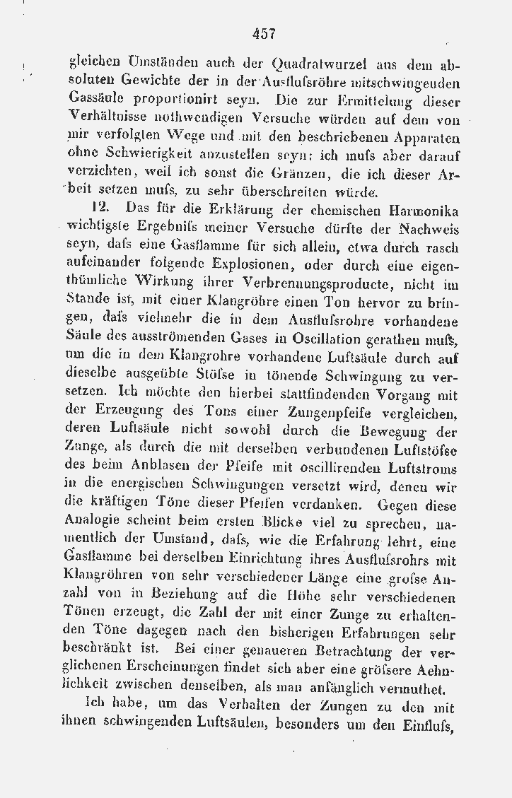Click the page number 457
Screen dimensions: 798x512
point(262,33)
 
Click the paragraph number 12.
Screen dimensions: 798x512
point(100,209)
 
